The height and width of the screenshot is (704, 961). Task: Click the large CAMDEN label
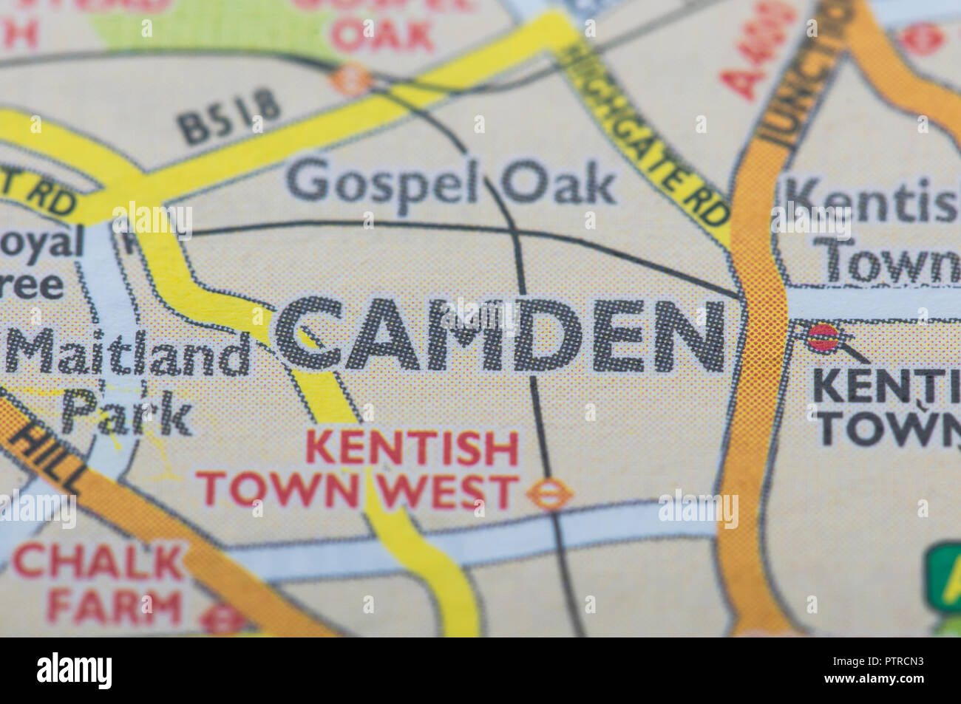click(x=501, y=337)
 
